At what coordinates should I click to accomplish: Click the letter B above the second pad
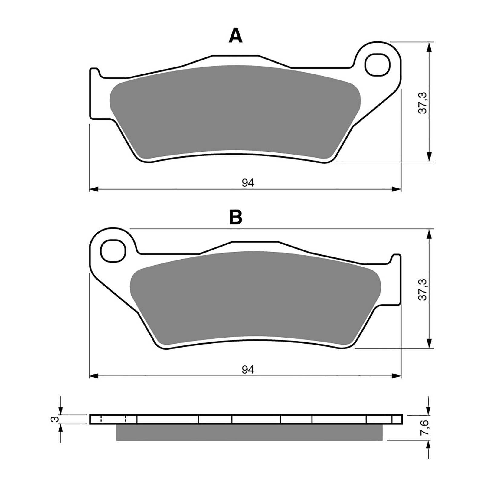point(236,217)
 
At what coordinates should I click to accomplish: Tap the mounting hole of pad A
point(378,65)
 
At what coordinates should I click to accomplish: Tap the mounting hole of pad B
point(113,251)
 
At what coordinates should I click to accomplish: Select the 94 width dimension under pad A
point(248,183)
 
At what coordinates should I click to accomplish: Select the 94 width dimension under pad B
point(248,369)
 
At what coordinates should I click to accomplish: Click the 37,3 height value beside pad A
point(423,103)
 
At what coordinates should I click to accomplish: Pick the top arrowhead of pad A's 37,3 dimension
point(429,47)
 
